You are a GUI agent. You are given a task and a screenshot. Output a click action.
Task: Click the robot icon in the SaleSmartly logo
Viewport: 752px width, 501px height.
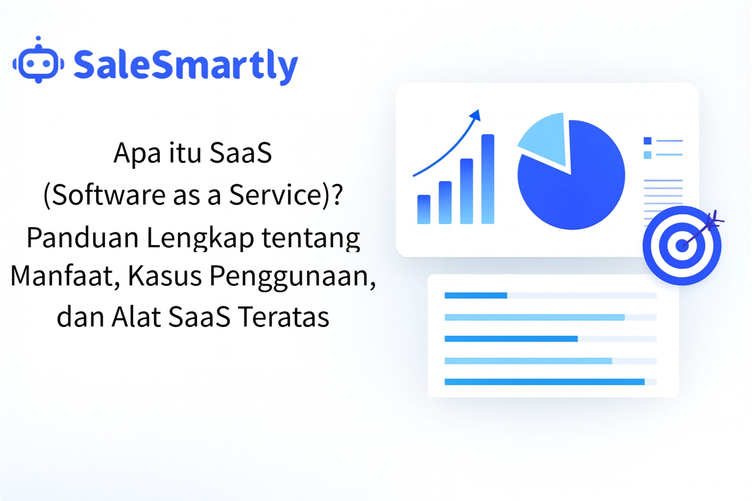[38, 62]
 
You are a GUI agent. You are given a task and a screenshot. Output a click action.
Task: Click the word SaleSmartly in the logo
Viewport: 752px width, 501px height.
[186, 65]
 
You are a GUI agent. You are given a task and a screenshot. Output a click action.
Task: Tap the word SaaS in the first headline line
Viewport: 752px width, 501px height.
[240, 153]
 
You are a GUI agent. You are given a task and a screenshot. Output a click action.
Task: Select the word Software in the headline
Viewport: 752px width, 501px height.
[109, 195]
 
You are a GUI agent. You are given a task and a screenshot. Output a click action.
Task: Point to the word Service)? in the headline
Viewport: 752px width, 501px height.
[286, 195]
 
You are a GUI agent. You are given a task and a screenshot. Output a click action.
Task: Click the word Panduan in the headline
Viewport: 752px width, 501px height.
[82, 238]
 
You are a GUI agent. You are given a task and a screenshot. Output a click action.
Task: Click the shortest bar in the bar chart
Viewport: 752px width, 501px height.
[423, 209]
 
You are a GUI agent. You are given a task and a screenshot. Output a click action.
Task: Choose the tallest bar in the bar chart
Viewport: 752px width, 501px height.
[488, 179]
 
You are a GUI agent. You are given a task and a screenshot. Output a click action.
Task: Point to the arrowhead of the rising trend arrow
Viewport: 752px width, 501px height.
[475, 115]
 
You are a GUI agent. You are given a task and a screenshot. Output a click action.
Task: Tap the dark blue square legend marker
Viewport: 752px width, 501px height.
[648, 141]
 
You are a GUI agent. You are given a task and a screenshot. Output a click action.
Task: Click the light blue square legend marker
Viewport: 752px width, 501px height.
[648, 155]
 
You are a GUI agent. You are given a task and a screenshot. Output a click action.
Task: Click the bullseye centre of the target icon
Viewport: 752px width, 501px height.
[681, 245]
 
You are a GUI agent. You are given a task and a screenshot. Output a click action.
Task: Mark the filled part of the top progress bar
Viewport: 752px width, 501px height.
[475, 296]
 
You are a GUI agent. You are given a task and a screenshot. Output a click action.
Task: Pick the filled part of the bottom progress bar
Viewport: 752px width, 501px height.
[544, 382]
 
